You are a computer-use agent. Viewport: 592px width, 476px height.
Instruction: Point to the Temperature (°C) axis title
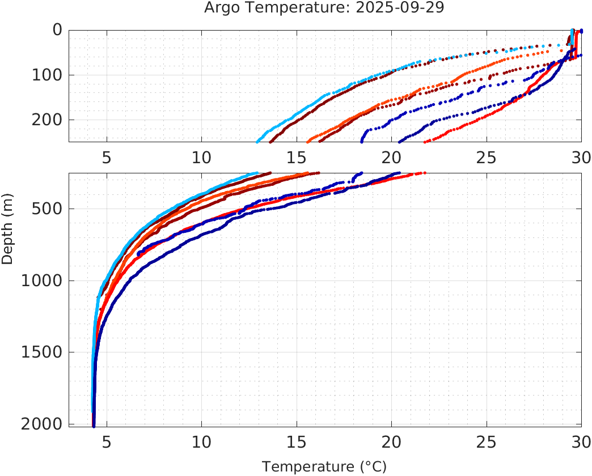(x=324, y=467)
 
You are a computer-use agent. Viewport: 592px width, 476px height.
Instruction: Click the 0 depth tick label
(x=57, y=30)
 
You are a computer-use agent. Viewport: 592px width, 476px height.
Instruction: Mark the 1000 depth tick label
(x=41, y=280)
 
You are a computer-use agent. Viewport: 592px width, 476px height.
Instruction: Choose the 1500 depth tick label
(x=41, y=352)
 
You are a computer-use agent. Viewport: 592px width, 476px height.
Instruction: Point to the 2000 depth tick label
(x=41, y=424)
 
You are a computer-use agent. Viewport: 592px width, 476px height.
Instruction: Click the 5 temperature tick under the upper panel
(x=107, y=157)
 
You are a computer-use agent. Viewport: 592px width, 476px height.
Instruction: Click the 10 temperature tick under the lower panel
(x=202, y=441)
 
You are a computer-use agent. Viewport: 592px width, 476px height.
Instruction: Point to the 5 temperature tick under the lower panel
(x=107, y=441)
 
